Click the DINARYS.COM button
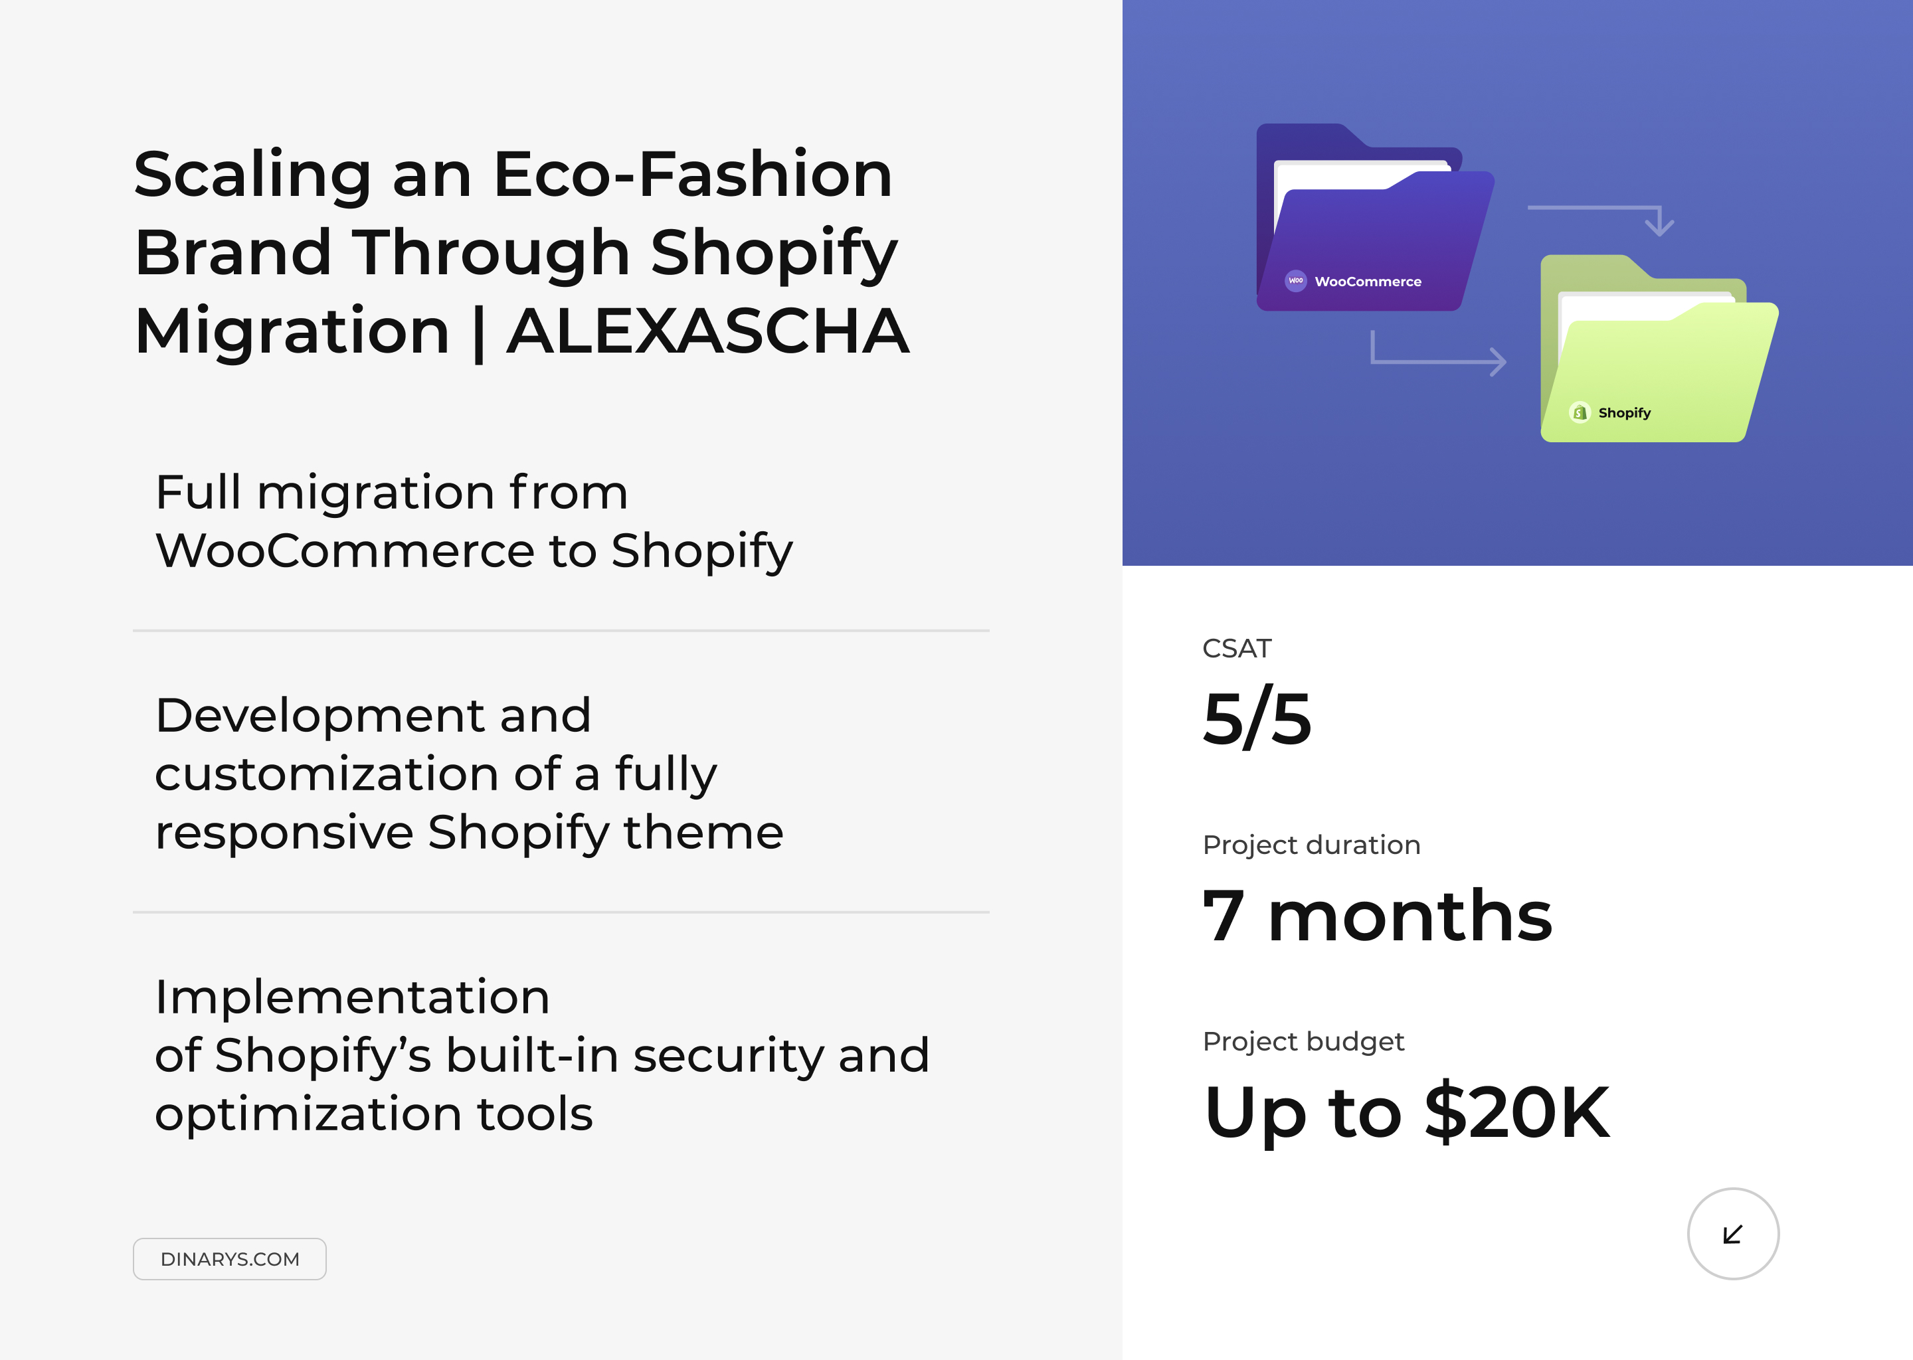[229, 1258]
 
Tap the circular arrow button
[1732, 1234]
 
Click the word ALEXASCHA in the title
[707, 331]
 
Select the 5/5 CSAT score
[1256, 719]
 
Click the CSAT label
[1236, 648]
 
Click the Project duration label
[1311, 845]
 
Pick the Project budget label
[1303, 1041]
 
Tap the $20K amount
[1516, 1113]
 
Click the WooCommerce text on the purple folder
[1368, 282]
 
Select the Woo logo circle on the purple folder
[1296, 280]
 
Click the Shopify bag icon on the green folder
[1580, 412]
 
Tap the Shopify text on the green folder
[1624, 413]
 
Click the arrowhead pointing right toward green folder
[1499, 362]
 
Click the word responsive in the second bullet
[284, 833]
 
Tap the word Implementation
[352, 997]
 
